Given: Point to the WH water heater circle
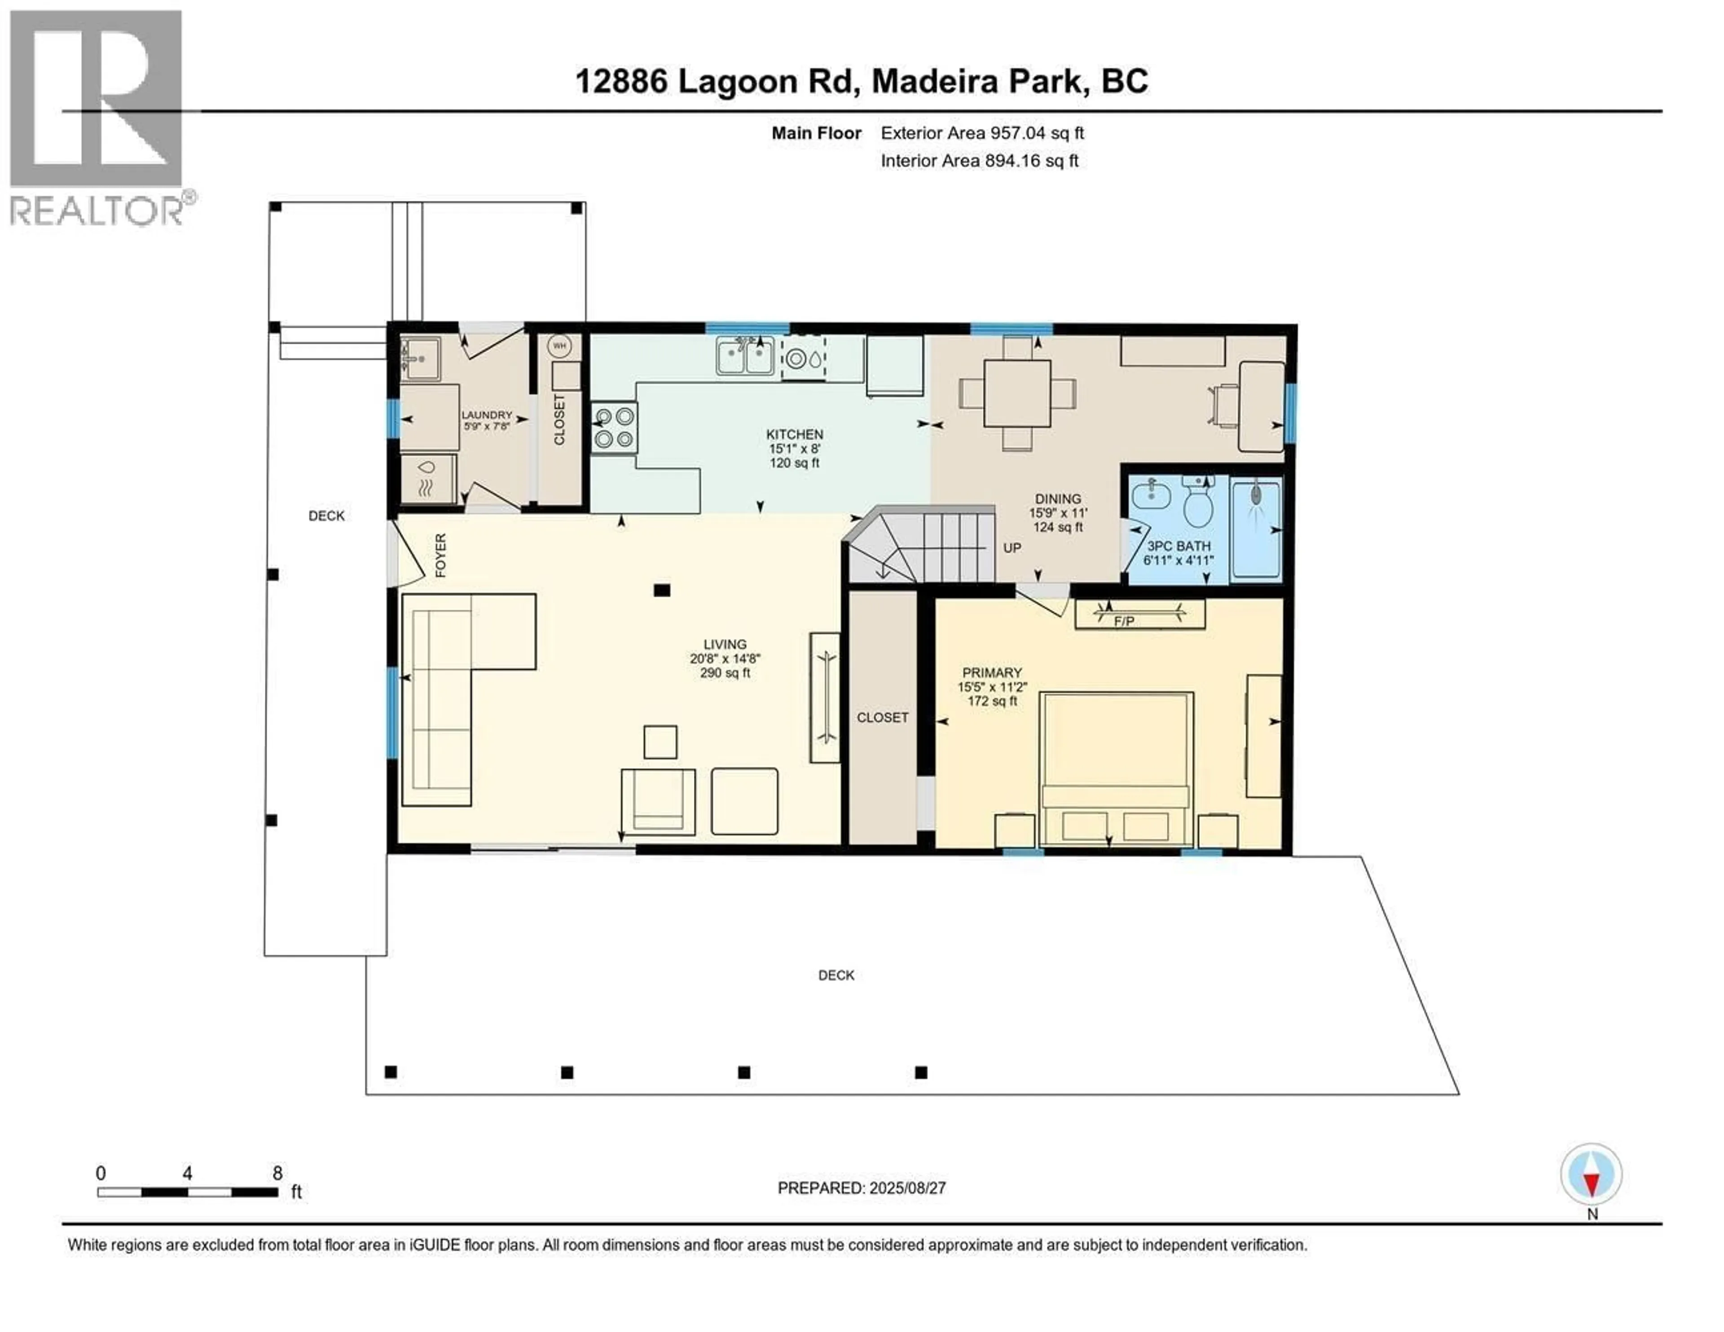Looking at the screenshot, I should coord(560,346).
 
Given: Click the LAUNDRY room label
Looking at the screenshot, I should coord(486,415).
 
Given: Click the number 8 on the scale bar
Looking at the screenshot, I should coord(277,1174).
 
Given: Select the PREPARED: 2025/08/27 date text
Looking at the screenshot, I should coord(861,1187).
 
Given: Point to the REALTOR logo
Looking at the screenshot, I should coord(99,118).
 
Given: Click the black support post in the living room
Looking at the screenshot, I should coord(661,590).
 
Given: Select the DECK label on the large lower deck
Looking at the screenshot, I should coord(836,975).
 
